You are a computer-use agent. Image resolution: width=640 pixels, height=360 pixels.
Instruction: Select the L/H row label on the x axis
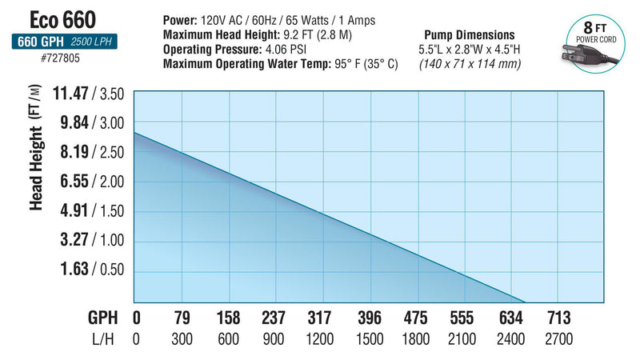coord(102,338)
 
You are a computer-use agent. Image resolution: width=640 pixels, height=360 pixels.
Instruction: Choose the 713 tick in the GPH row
coord(558,317)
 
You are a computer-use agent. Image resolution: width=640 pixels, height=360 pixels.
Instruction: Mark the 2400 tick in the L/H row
coord(511,338)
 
